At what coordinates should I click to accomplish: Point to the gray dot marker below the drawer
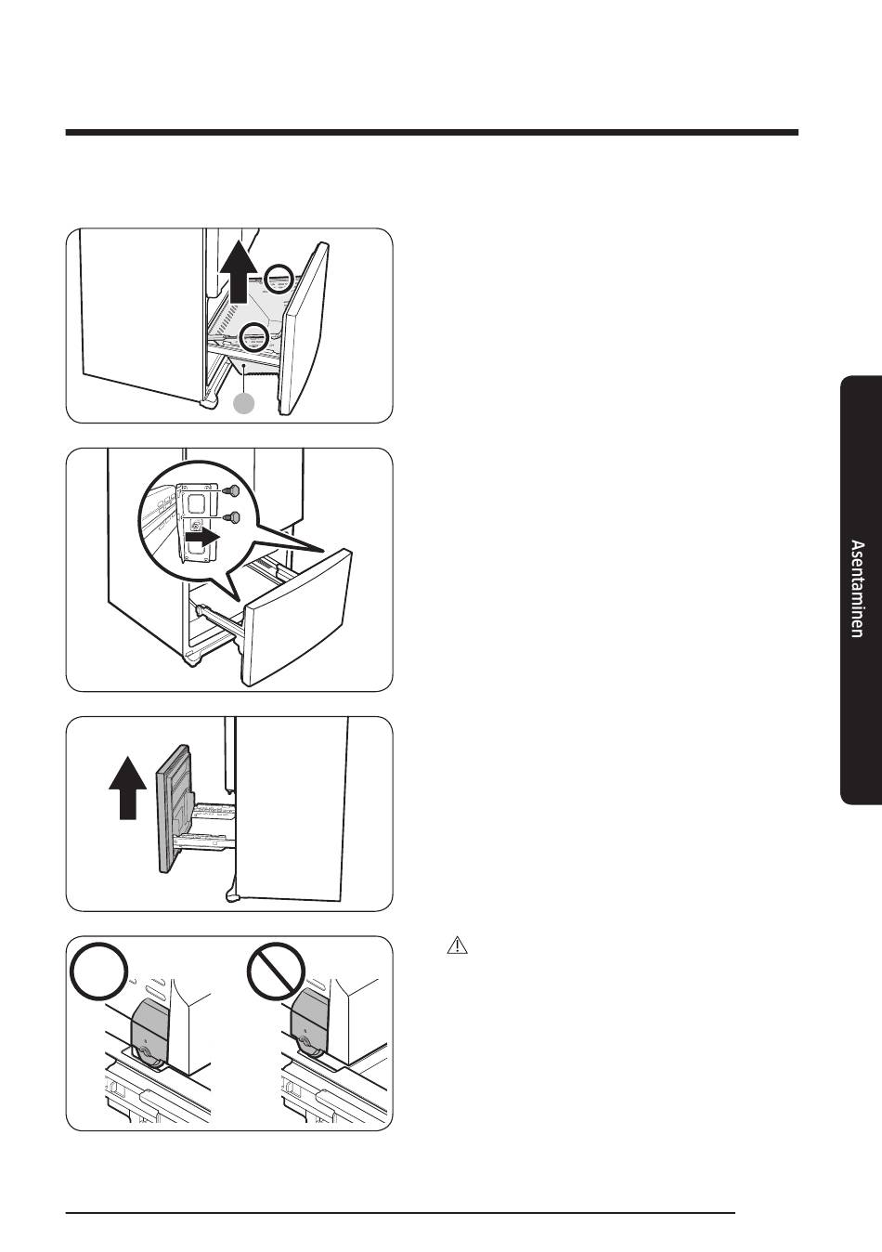click(243, 403)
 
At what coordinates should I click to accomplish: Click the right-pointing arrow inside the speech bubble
click(203, 538)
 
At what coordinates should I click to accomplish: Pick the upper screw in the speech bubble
click(230, 490)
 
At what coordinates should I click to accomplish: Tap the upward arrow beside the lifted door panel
click(128, 788)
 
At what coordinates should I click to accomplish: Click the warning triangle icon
click(457, 946)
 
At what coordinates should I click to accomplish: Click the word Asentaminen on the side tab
click(857, 588)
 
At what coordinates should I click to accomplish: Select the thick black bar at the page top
click(432, 133)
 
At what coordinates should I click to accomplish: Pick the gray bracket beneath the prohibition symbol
click(310, 1021)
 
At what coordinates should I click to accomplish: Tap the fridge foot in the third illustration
click(232, 895)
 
